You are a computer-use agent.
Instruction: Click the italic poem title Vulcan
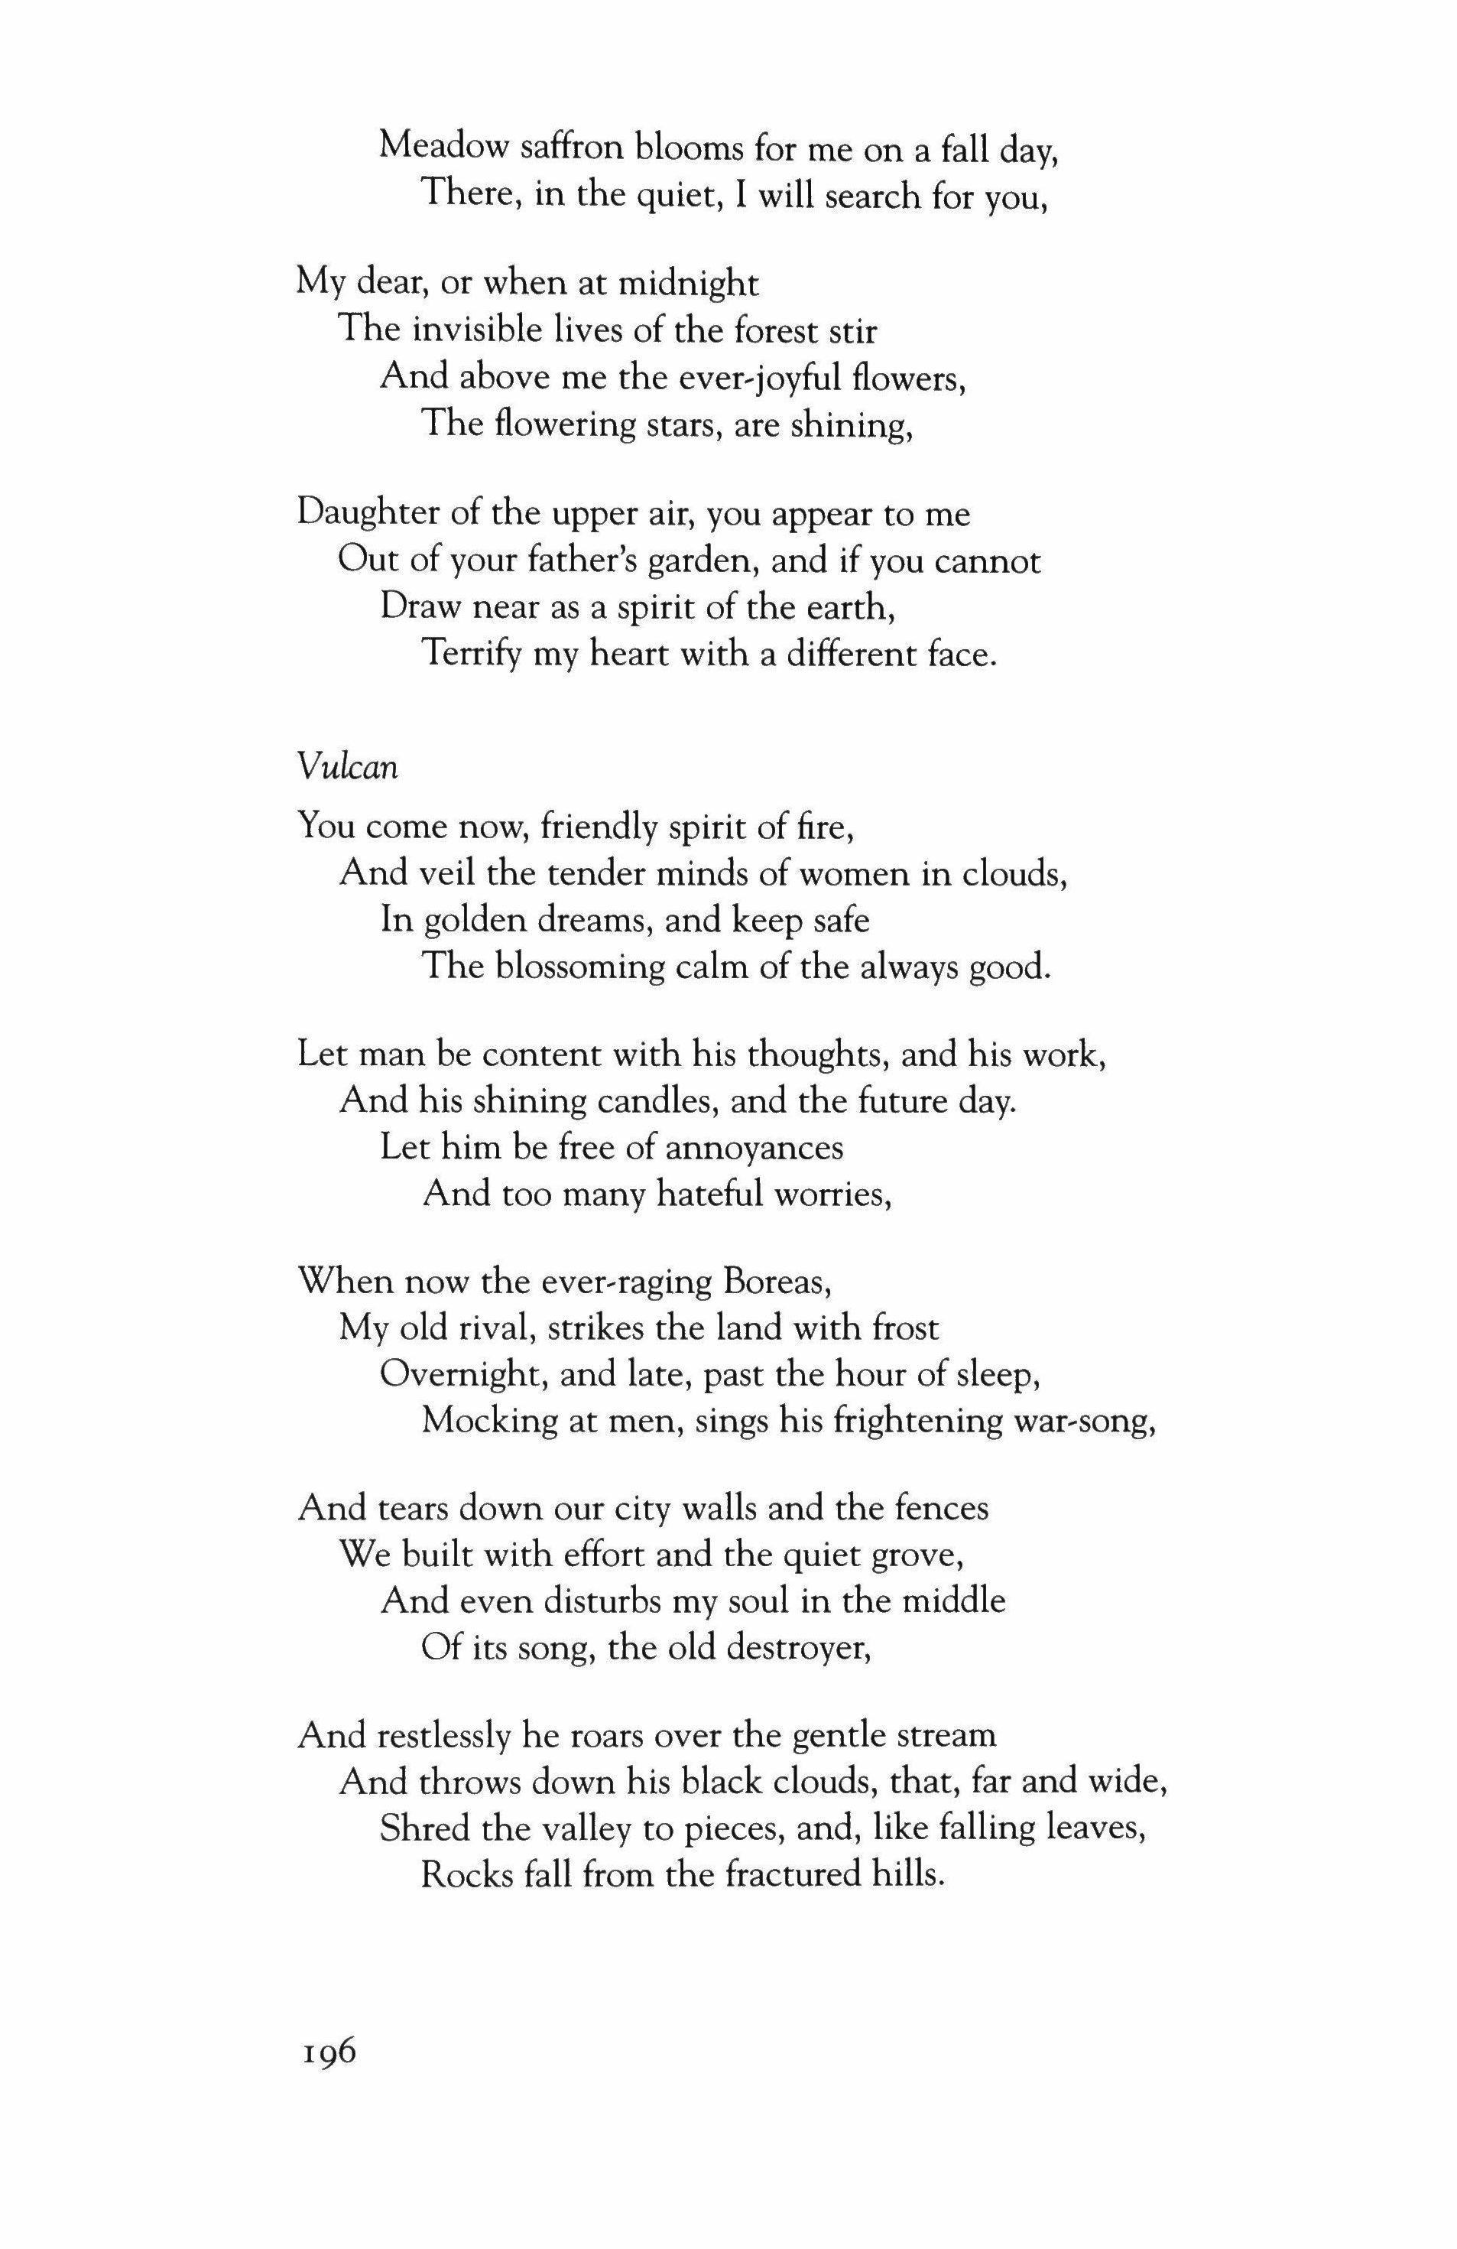(x=347, y=767)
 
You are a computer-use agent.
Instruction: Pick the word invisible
(x=469, y=330)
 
